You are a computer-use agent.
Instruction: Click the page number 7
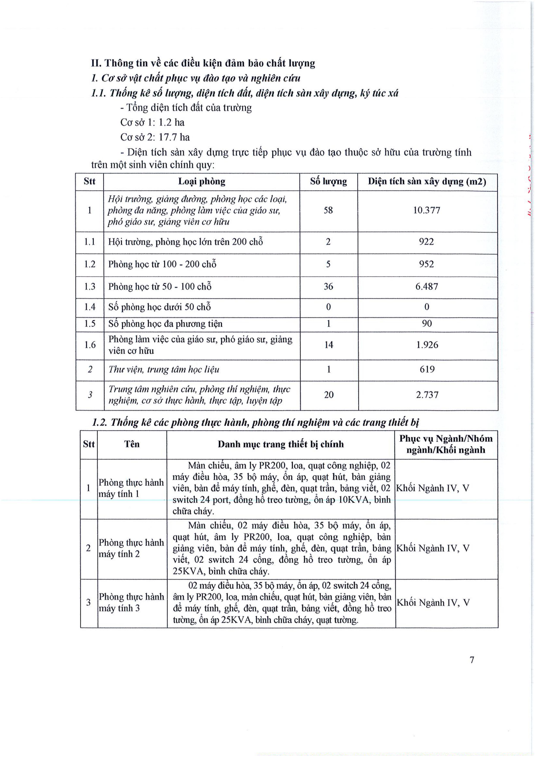point(472,660)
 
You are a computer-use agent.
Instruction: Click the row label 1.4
point(90,307)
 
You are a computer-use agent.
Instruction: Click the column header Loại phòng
point(201,181)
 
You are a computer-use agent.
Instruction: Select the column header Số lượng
point(328,181)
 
